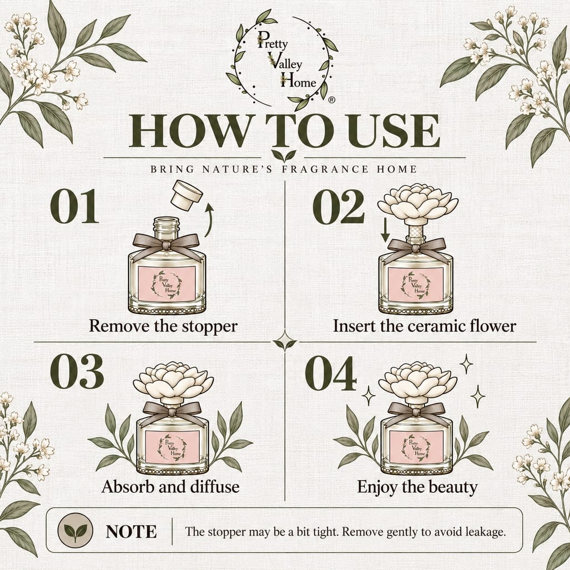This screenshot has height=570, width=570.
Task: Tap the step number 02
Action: click(x=339, y=206)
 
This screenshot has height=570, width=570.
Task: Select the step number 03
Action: click(x=77, y=372)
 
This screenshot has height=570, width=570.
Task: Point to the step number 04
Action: click(x=331, y=374)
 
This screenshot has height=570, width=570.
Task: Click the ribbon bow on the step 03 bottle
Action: click(x=172, y=412)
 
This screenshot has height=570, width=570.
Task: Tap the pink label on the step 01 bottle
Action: click(x=167, y=284)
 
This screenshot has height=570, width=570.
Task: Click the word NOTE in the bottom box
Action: click(x=131, y=532)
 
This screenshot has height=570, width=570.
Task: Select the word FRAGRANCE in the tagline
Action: click(x=325, y=169)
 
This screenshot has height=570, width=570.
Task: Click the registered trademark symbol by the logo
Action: click(x=331, y=100)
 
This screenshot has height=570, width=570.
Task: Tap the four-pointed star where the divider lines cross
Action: click(x=285, y=341)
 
